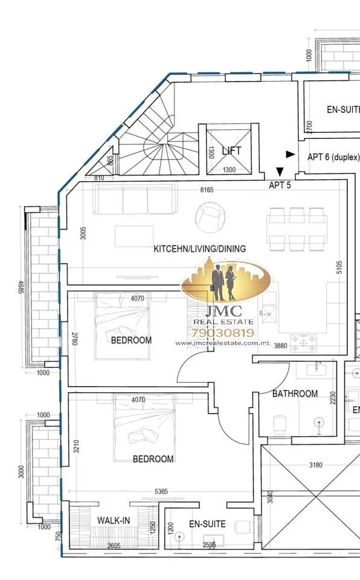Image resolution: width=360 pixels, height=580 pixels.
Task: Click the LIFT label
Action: point(231,150)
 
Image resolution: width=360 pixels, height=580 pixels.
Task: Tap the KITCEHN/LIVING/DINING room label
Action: point(200,248)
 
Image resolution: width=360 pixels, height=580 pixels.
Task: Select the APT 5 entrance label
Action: point(280,185)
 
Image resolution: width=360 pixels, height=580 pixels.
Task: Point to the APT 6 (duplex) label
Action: point(333,157)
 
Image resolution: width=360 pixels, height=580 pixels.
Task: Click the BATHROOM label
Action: point(295,393)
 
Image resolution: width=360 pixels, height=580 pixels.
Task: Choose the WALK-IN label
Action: point(114,520)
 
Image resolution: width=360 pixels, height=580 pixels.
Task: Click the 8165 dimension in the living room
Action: point(207,190)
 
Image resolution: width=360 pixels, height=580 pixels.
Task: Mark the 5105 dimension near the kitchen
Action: point(339,267)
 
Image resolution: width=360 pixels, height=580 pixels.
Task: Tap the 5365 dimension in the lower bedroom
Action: point(161,491)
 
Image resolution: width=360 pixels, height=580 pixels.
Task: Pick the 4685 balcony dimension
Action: point(21,288)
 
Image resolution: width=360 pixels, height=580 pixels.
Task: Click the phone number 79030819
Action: point(223,333)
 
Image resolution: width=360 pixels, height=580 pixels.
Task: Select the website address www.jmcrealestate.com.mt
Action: point(222,343)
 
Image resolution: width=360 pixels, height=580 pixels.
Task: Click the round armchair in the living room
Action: point(210,217)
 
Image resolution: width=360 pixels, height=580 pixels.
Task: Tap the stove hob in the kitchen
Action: point(303,343)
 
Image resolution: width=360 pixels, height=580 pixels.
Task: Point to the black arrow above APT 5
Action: point(280,172)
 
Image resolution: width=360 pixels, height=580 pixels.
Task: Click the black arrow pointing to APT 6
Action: point(291,154)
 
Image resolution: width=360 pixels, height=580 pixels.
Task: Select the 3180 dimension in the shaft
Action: point(315,465)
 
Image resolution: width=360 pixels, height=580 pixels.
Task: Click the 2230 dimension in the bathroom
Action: point(333,398)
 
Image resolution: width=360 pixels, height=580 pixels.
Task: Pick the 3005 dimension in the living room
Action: point(83,233)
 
